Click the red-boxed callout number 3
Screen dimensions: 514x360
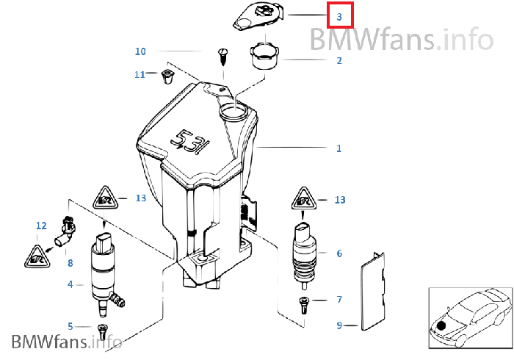339,16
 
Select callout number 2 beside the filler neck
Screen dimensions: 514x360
339,61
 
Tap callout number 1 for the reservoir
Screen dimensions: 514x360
339,148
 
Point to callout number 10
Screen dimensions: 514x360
140,51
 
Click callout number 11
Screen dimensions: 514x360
140,75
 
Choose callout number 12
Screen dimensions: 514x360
41,226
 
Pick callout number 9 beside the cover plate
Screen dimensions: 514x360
339,325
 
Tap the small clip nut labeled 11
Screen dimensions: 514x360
167,76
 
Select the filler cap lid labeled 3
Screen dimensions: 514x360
258,16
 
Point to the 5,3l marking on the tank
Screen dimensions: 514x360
189,141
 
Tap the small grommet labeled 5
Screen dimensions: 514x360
102,332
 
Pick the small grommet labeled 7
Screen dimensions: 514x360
304,305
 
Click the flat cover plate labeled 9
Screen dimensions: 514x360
373,291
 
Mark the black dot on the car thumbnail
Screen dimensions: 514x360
441,326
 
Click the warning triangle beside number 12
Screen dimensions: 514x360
37,256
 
